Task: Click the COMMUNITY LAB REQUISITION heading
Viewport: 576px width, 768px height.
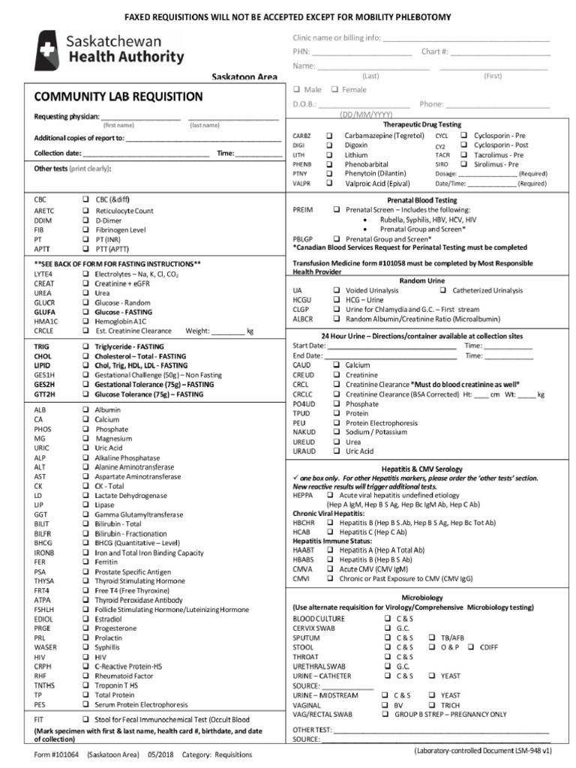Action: pyautogui.click(x=118, y=96)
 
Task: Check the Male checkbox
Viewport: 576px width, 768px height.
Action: pyautogui.click(x=297, y=90)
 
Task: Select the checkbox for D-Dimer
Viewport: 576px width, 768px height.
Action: pyautogui.click(x=85, y=221)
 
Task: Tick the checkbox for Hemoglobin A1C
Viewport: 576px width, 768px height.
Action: pyautogui.click(x=85, y=320)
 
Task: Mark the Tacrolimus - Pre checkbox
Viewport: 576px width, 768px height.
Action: pyautogui.click(x=464, y=154)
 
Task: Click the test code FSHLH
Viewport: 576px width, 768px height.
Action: pyautogui.click(x=44, y=610)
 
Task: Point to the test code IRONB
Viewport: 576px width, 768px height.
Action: pyautogui.click(x=44, y=553)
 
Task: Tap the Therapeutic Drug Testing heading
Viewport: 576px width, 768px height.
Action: pyautogui.click(x=422, y=124)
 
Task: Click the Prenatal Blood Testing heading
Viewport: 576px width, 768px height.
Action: pyautogui.click(x=421, y=201)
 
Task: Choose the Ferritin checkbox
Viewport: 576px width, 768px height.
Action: pyautogui.click(x=85, y=562)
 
